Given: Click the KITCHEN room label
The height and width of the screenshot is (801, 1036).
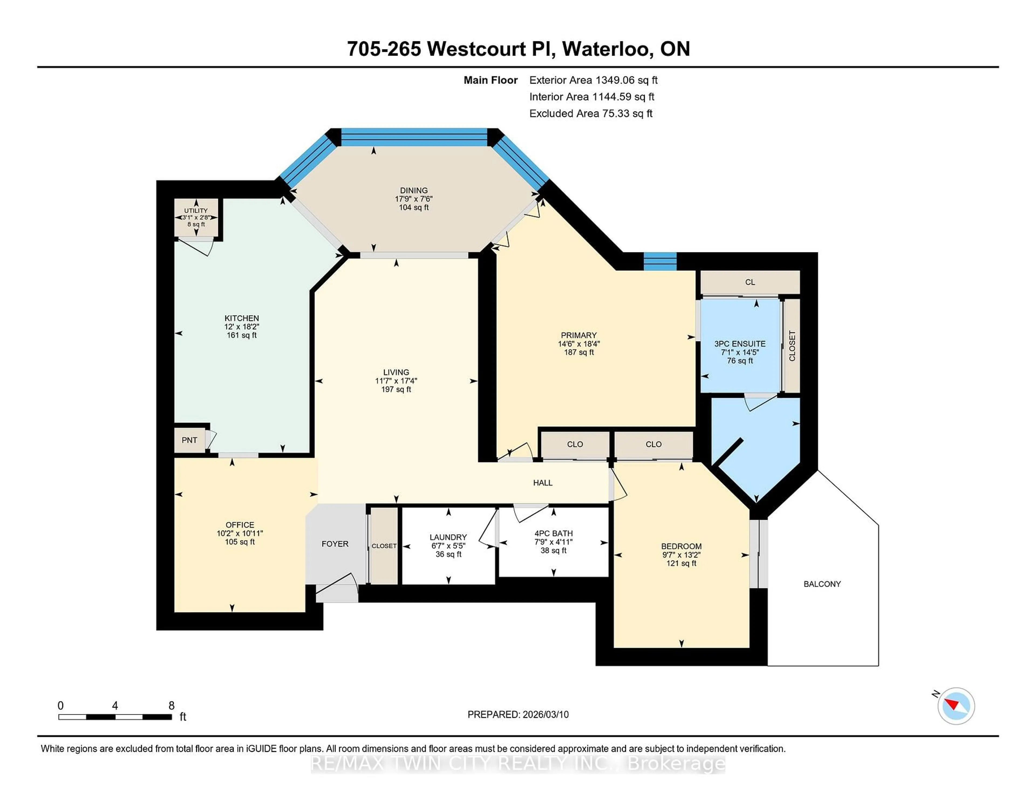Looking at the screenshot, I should [x=241, y=318].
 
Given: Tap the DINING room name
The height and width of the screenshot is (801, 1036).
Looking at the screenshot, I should [x=414, y=190].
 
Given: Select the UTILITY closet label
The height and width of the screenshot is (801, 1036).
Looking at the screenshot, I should [x=196, y=211].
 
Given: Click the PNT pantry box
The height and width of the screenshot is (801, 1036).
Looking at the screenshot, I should [x=189, y=440].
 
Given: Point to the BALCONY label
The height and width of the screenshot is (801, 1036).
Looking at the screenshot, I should [x=822, y=584].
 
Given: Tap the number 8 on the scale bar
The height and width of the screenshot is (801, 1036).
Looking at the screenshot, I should [x=171, y=706].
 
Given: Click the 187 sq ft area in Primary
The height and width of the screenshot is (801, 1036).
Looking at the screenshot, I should [x=579, y=352].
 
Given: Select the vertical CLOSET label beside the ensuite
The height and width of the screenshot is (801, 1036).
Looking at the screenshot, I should [x=792, y=345].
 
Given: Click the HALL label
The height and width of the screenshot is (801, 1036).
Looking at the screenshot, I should [x=543, y=483].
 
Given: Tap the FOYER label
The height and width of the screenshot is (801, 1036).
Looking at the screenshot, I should [x=335, y=544].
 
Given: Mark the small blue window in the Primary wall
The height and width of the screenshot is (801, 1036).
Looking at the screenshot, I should [x=659, y=262].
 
